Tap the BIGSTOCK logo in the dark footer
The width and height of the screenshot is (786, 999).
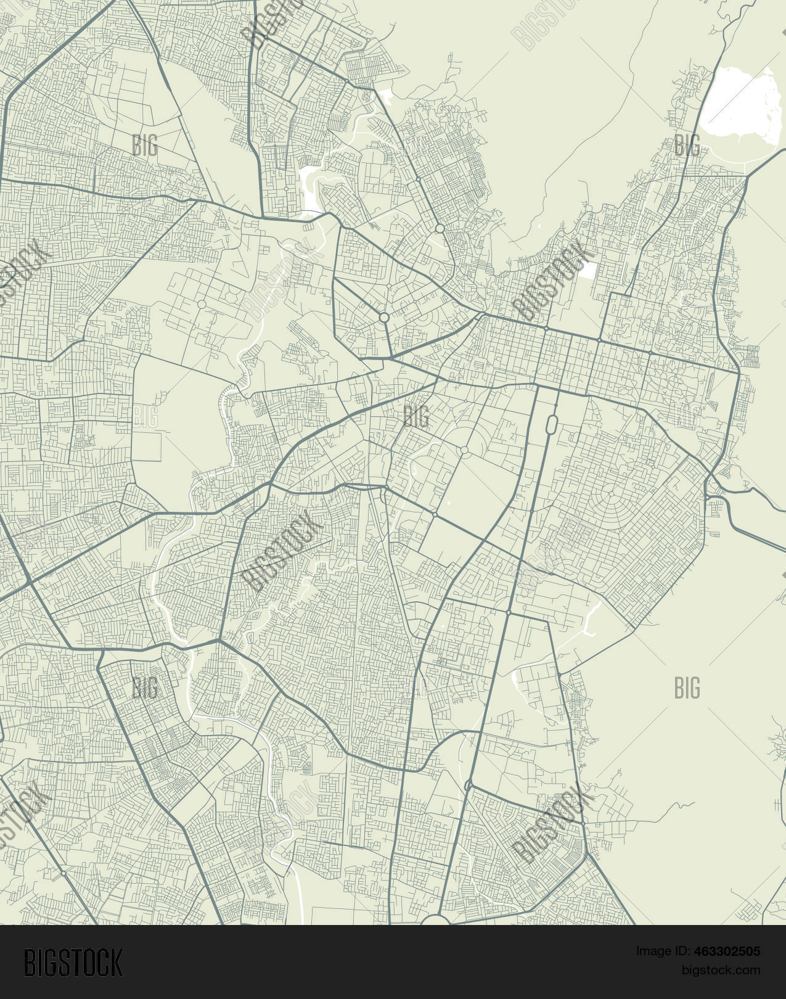pos(73,962)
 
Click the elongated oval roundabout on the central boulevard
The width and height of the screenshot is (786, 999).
pos(552,424)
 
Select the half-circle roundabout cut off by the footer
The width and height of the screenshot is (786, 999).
pos(436,919)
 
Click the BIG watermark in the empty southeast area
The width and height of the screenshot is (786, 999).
pos(687,688)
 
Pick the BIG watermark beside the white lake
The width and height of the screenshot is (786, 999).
pos(687,146)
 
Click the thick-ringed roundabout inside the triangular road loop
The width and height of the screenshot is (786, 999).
pos(384,318)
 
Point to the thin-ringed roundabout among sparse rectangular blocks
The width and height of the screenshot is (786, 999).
pos(202,305)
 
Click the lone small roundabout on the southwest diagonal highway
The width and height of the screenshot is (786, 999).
pos(63,874)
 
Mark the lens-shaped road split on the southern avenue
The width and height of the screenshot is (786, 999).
pos(469,785)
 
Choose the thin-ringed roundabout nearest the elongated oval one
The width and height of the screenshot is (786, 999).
pos(464,451)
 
